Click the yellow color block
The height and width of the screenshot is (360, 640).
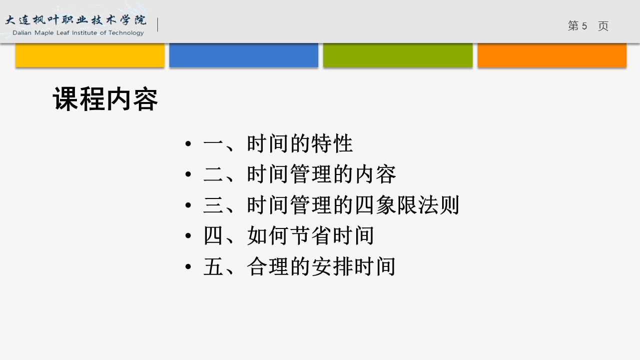pyautogui.click(x=90, y=55)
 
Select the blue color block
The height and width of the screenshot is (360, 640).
pyautogui.click(x=244, y=55)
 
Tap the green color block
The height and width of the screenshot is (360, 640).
pyautogui.click(x=398, y=55)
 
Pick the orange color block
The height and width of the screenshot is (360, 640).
pyautogui.click(x=552, y=55)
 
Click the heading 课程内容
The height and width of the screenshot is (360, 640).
pyautogui.click(x=105, y=99)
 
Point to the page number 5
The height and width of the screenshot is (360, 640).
pyautogui.click(x=584, y=26)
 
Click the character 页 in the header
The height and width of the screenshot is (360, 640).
pyautogui.click(x=603, y=26)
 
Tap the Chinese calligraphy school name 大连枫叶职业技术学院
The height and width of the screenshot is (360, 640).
pyautogui.click(x=76, y=20)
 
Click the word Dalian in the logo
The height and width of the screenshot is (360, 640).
pyautogui.click(x=22, y=33)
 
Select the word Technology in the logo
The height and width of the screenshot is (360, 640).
pyautogui.click(x=126, y=33)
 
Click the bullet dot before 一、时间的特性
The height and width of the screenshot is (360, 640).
pyautogui.click(x=188, y=143)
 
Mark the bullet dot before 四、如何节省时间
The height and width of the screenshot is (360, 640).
pyautogui.click(x=188, y=236)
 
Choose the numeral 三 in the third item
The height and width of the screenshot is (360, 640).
pyautogui.click(x=213, y=204)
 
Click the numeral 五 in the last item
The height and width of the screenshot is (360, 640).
pyautogui.click(x=213, y=266)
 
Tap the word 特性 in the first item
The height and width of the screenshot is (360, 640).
pyautogui.click(x=332, y=143)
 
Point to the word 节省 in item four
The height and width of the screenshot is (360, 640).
pyautogui.click(x=311, y=235)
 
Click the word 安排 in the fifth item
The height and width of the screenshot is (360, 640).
pyautogui.click(x=332, y=266)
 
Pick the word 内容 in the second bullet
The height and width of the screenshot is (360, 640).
pyautogui.click(x=375, y=174)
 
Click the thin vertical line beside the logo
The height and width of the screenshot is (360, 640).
pyautogui.click(x=158, y=24)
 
